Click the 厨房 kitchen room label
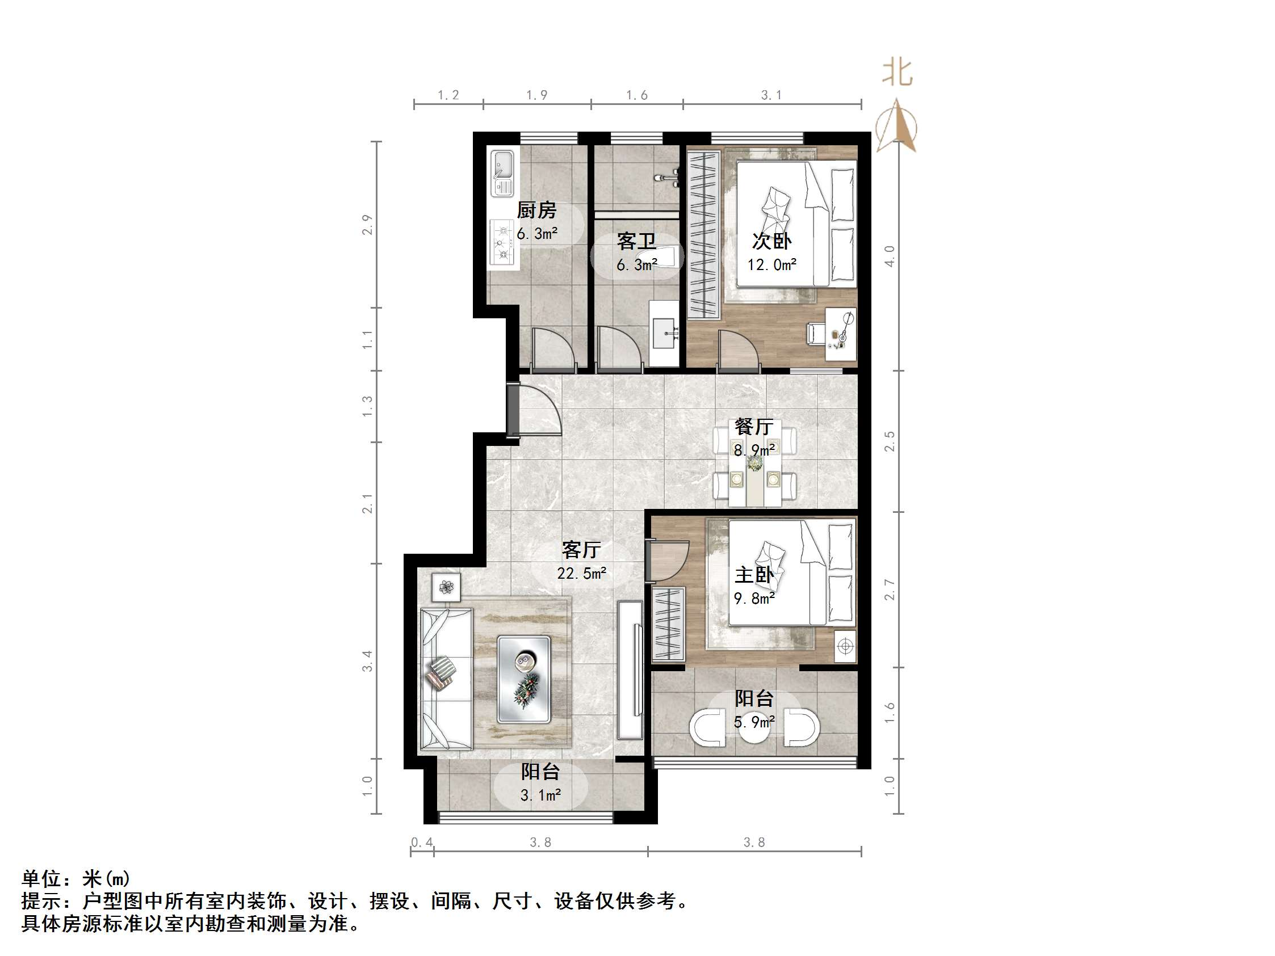click(536, 210)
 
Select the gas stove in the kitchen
click(502, 244)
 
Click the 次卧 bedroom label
click(771, 241)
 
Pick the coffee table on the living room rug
click(524, 679)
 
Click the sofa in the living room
click(445, 679)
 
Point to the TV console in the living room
click(630, 670)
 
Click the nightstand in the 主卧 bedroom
click(845, 646)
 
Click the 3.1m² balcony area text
click(540, 796)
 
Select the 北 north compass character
click(897, 73)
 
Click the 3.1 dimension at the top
click(771, 95)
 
